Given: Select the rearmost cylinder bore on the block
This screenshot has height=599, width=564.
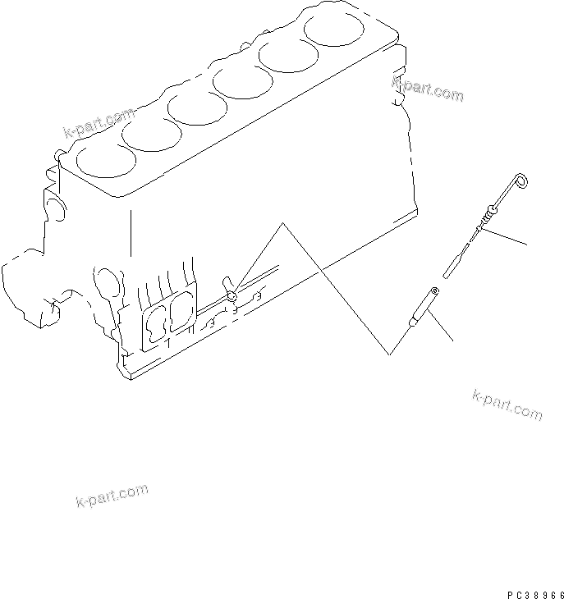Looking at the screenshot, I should click(x=336, y=30).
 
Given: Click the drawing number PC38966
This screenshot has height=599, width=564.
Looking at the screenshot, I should click(x=534, y=592).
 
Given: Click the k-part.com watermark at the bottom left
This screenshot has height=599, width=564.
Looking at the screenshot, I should click(x=111, y=495).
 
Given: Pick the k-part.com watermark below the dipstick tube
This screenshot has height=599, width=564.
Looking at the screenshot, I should click(x=507, y=404).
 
